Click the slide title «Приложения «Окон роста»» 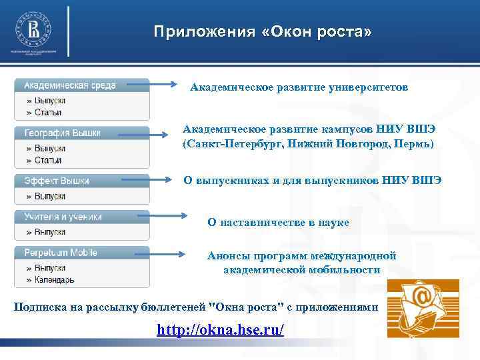point(263,32)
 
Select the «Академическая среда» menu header point(70,85)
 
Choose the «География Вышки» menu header point(63,133)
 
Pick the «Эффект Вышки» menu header point(57,181)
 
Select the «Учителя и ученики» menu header point(63,217)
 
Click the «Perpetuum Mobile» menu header point(61,253)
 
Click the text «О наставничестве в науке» point(278,223)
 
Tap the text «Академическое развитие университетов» point(299,87)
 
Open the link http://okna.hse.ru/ point(220,330)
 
